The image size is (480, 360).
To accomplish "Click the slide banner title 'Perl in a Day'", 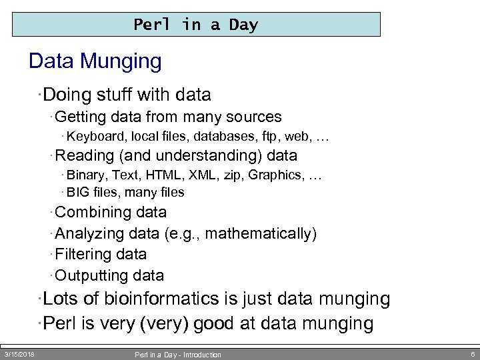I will point(195,25).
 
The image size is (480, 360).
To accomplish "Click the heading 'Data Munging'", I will point(95,62).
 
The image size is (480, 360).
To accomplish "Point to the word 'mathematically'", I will point(260,234).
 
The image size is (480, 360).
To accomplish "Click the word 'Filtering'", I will point(83,255).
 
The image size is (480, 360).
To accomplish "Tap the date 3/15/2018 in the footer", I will point(19,354).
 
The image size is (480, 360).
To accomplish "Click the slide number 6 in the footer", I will point(472,354).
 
